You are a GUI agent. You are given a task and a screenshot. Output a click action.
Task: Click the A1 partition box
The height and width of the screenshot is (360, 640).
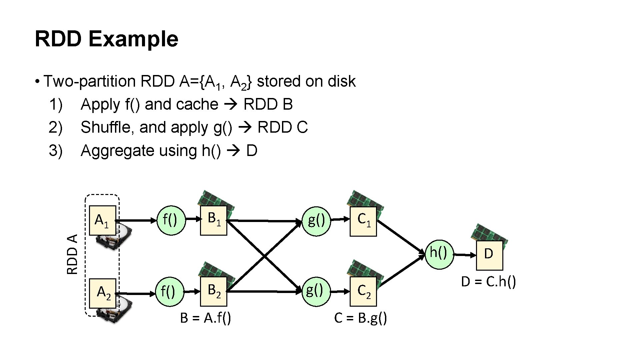pos(103,220)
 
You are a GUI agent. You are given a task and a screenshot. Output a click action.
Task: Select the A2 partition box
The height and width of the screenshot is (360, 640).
pos(103,293)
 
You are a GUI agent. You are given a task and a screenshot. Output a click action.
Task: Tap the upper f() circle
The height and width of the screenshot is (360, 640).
pos(171,220)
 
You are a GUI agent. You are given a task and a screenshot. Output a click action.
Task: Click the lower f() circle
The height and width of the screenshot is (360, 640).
pos(170,292)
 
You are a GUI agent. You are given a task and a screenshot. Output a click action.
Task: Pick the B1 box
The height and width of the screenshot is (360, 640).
pos(213,220)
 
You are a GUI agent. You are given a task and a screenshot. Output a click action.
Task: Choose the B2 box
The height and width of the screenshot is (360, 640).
pos(213,291)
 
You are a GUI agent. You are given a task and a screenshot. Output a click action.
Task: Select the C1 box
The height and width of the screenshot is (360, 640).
pos(363,221)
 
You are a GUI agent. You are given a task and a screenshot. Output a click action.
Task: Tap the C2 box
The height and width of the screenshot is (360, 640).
pos(363,291)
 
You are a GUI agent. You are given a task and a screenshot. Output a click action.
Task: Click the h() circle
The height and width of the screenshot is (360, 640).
pos(439,254)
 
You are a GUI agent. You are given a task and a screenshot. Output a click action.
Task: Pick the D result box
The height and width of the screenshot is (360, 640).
pos(489,255)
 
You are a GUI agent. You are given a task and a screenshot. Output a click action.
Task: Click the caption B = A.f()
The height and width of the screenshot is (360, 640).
pos(205,318)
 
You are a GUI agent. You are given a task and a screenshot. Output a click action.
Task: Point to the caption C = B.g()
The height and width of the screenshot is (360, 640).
pos(360,318)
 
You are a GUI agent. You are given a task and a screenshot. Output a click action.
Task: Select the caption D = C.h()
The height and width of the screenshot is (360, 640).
pos(488,282)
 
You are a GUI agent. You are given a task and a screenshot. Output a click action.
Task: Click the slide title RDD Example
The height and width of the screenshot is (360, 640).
pos(106,39)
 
